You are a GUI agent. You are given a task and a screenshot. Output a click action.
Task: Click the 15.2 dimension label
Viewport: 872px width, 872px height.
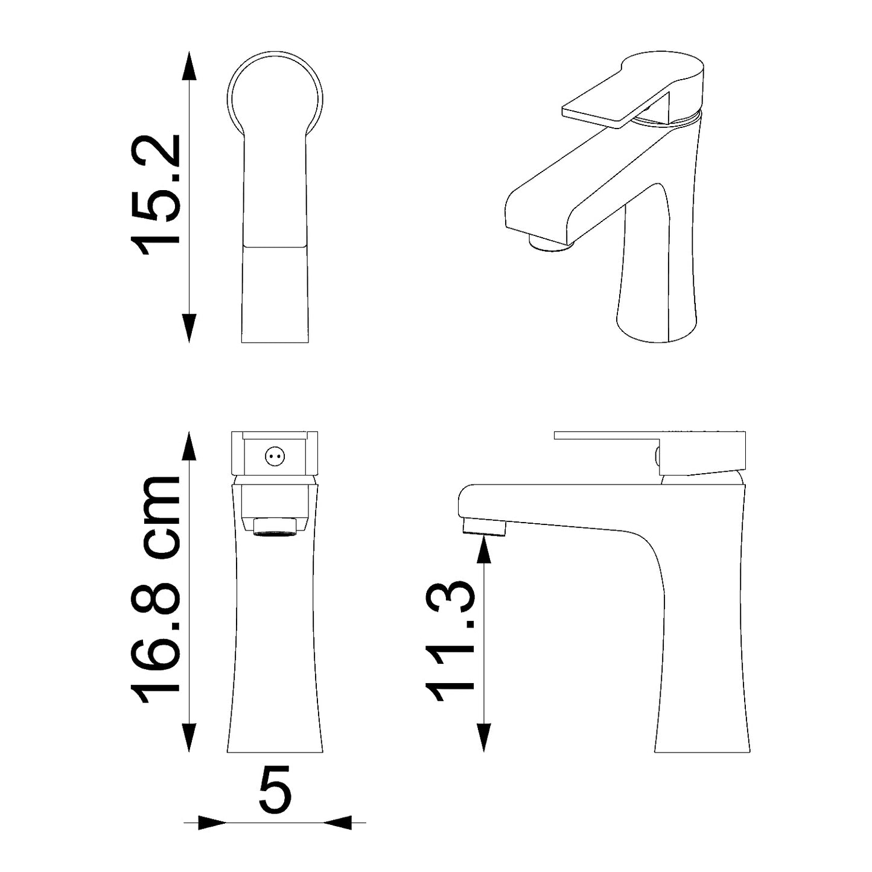pos(155,195)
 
